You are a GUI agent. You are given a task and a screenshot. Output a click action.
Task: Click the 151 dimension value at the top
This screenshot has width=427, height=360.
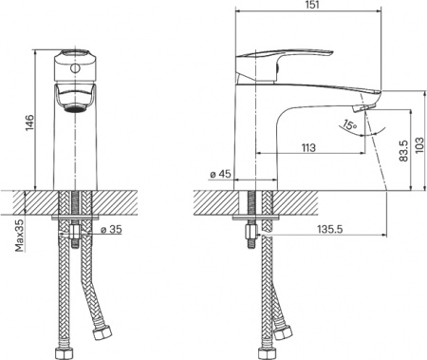click(x=312, y=7)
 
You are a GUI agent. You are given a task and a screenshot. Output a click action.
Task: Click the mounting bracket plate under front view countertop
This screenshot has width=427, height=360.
click(x=74, y=223)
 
